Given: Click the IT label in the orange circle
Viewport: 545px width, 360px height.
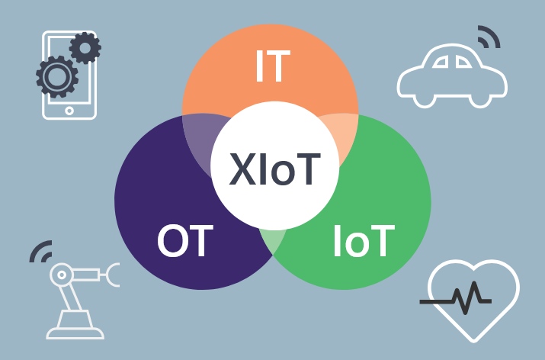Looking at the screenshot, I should click(272, 66).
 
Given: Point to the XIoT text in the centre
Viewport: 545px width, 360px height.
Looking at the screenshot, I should click(274, 169).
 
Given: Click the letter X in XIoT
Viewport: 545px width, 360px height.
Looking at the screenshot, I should click(242, 169).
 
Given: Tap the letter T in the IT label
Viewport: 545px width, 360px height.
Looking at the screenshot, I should click(281, 66).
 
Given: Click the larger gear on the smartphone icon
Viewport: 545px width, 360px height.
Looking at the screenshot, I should click(55, 76).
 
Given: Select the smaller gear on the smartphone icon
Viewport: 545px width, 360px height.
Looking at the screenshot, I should click(85, 48).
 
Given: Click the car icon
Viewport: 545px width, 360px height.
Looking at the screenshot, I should click(452, 76).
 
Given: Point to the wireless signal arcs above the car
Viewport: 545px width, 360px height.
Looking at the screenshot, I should click(487, 35).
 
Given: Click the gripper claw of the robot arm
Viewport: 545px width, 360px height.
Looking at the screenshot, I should click(114, 274).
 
